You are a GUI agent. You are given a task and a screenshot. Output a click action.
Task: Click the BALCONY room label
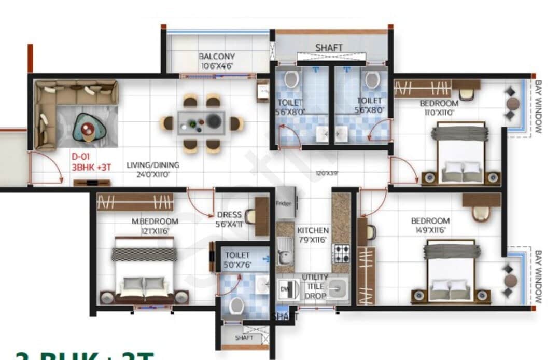[217, 56]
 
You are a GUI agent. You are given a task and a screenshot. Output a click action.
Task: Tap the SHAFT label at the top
[329, 48]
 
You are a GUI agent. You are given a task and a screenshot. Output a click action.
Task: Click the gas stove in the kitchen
[341, 254]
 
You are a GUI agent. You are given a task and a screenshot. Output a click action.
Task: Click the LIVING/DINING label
[153, 165]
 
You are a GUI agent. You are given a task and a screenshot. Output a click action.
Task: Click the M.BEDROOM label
[155, 221]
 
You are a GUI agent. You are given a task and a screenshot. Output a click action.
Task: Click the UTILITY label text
[315, 278]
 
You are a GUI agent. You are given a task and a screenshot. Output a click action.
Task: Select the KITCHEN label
[313, 230]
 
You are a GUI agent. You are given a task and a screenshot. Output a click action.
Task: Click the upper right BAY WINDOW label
[538, 106]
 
